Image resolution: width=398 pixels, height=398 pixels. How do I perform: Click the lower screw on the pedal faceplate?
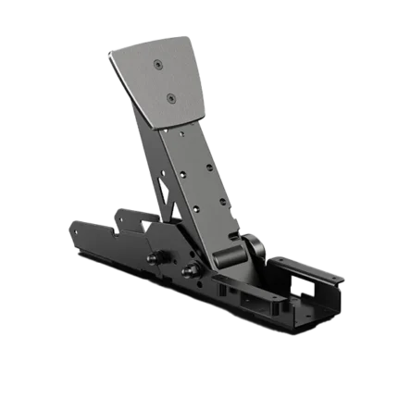pyautogui.click(x=172, y=95)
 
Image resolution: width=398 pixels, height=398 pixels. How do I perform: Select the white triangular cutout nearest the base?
pyautogui.click(x=147, y=227)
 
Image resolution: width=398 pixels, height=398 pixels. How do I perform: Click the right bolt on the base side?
pyautogui.click(x=192, y=270)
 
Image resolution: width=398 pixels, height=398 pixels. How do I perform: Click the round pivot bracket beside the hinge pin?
pyautogui.click(x=252, y=247)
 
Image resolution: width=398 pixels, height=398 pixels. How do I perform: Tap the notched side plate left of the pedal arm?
pyautogui.click(x=125, y=222)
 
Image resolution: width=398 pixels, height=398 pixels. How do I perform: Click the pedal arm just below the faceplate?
pyautogui.click(x=180, y=139)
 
